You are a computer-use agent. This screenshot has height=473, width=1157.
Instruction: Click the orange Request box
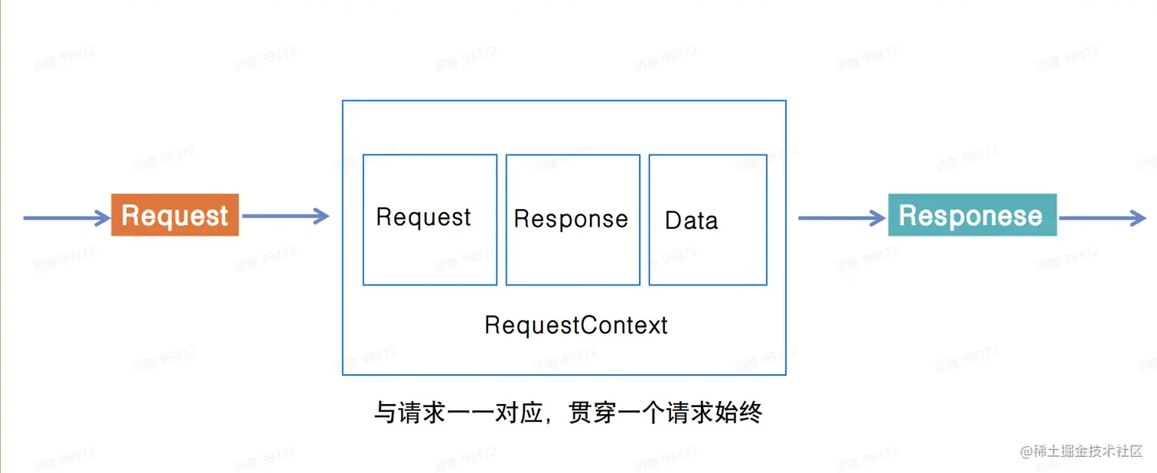pyautogui.click(x=174, y=215)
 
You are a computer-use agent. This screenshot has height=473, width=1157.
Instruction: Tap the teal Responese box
pyautogui.click(x=972, y=215)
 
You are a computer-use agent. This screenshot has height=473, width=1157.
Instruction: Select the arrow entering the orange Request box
pyautogui.click(x=66, y=218)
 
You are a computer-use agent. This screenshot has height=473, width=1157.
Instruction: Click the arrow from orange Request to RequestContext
pyautogui.click(x=284, y=217)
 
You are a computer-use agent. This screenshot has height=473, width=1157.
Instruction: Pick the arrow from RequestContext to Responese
pyautogui.click(x=841, y=218)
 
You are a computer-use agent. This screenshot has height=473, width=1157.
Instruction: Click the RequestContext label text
pyautogui.click(x=575, y=325)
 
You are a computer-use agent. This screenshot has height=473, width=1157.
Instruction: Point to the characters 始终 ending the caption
pyautogui.click(x=739, y=413)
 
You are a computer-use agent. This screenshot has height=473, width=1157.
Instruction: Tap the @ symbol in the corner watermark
pyautogui.click(x=1025, y=451)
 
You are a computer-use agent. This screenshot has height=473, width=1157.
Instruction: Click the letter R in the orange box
pyautogui.click(x=131, y=215)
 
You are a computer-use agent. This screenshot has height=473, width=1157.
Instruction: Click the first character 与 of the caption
pyautogui.click(x=384, y=413)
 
